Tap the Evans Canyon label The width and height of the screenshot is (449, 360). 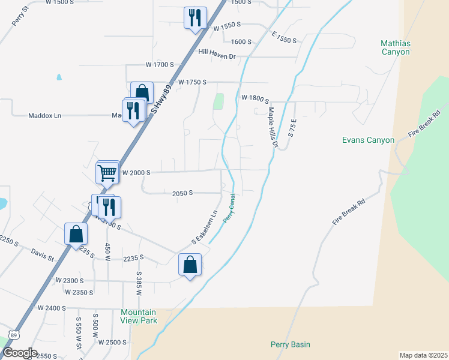[368, 140]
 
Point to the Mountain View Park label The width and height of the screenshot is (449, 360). [139, 316]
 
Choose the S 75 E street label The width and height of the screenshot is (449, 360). [292, 128]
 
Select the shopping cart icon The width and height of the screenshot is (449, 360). [107, 173]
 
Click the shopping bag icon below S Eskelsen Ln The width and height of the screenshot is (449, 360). [190, 264]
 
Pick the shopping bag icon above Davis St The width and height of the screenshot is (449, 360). [76, 234]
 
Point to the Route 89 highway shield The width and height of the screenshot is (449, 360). [15, 332]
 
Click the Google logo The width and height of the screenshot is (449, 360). [20, 353]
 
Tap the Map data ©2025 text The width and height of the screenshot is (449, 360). [423, 355]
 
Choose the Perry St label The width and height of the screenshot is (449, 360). [20, 16]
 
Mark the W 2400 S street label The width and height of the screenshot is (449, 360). [51, 308]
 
